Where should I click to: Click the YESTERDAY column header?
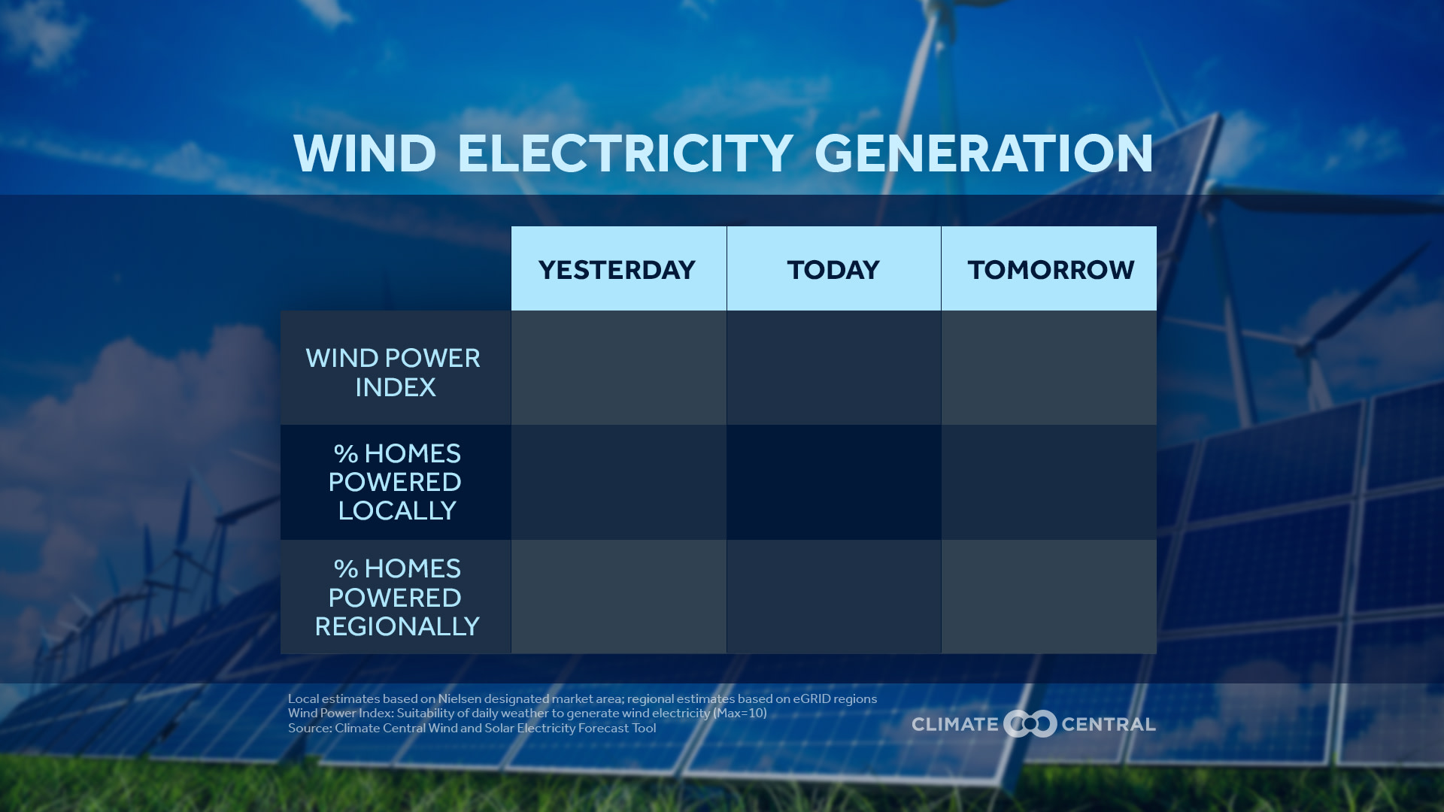tap(618, 269)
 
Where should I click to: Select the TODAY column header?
tap(833, 269)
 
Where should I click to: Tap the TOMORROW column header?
tap(1050, 269)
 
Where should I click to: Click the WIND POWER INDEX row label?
tap(394, 372)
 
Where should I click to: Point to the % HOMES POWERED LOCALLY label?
tap(396, 482)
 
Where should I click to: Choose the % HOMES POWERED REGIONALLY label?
tap(396, 597)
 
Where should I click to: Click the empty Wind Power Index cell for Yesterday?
tap(618, 368)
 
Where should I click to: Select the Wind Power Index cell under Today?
tap(833, 368)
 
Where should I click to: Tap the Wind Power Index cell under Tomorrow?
tap(1049, 368)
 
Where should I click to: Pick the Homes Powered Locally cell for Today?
tap(833, 482)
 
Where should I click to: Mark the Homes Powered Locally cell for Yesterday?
tap(618, 482)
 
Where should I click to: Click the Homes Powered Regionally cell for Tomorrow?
tap(1049, 596)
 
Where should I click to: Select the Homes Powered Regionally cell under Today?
tap(833, 596)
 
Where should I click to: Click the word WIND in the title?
tap(365, 153)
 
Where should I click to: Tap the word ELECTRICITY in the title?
tap(625, 153)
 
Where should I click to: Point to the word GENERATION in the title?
tap(984, 153)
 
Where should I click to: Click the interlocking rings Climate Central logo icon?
tap(1030, 723)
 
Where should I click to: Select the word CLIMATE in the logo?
tap(954, 724)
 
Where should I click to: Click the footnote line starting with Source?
tap(472, 728)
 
